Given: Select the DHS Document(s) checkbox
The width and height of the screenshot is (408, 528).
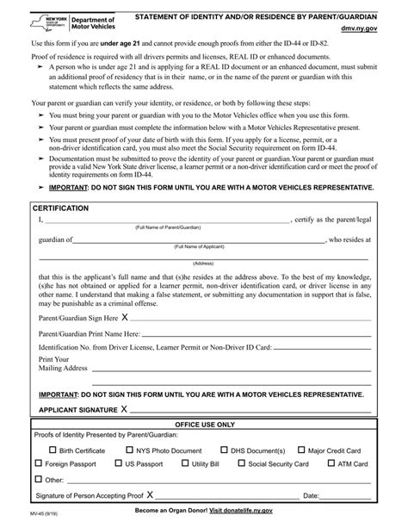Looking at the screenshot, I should (224, 450).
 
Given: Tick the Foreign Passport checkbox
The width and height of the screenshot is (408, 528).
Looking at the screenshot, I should (40, 463).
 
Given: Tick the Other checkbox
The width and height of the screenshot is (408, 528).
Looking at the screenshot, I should (40, 479).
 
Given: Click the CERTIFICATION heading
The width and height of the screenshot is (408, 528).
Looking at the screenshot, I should (61, 209).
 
